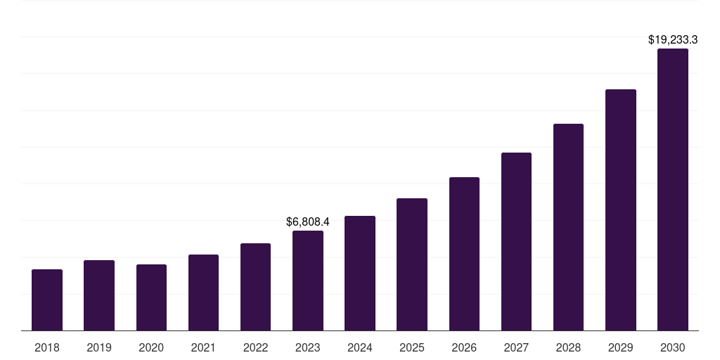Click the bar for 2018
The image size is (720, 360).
tap(47, 300)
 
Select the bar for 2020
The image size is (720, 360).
tap(151, 297)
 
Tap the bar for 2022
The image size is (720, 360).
tap(255, 287)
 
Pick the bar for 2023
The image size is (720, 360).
tap(308, 281)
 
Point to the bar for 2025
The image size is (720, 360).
tap(412, 264)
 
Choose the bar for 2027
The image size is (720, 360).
tap(516, 241)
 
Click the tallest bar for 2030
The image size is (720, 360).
tap(673, 189)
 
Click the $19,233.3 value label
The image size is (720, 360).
tap(673, 40)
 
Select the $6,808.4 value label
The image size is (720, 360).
tap(308, 221)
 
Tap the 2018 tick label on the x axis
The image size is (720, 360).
tap(47, 347)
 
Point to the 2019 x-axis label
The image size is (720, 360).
tap(99, 347)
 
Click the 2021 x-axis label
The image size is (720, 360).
tap(203, 347)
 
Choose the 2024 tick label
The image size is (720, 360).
tap(360, 347)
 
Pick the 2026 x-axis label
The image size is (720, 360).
tap(464, 347)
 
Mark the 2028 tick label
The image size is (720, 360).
tap(568, 347)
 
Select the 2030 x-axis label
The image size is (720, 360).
tap(673, 347)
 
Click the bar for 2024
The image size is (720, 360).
tap(360, 273)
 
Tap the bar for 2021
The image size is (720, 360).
tap(203, 292)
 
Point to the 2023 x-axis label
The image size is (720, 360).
tap(308, 347)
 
